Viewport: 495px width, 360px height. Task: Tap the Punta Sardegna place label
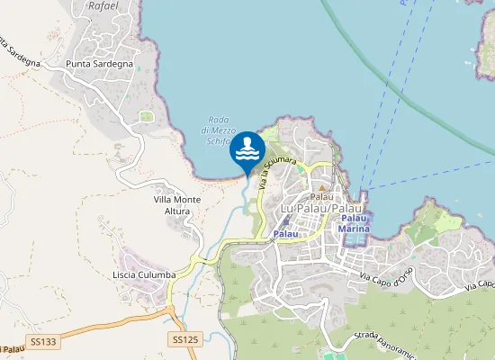point(100,65)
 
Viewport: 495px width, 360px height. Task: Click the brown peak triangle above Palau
point(322,187)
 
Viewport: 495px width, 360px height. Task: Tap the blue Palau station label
point(285,234)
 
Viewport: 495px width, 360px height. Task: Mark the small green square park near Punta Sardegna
point(147,116)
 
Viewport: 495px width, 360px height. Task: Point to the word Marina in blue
point(354,229)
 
